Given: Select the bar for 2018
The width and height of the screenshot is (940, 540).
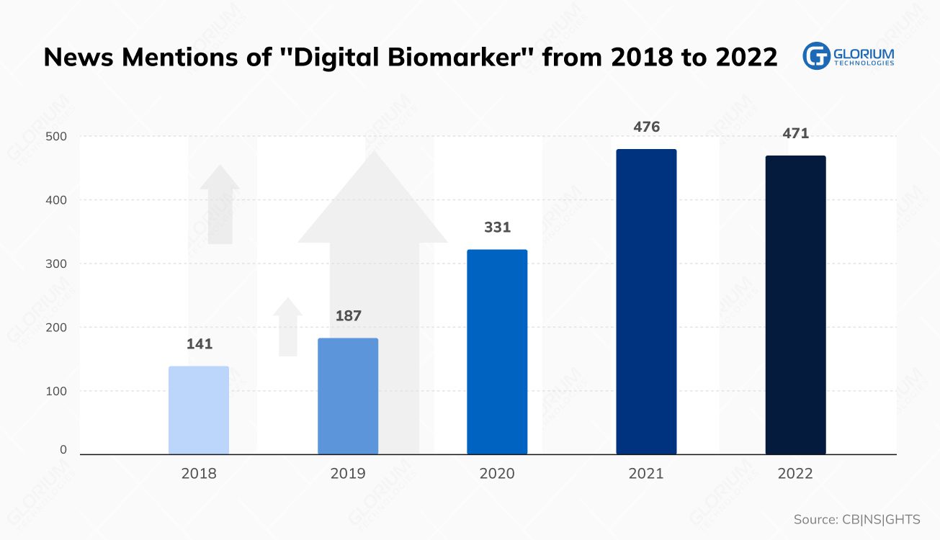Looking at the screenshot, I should [x=199, y=410].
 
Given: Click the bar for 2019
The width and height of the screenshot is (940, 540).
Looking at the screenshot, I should [x=348, y=396].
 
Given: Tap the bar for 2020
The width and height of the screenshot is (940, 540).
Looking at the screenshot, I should [x=497, y=352].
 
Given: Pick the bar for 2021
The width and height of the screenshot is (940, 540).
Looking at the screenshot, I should [x=646, y=302].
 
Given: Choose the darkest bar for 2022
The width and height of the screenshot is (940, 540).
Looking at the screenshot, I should [x=795, y=305].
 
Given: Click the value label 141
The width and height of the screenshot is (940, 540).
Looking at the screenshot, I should [x=200, y=344].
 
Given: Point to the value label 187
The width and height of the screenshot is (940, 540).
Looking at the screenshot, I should [x=349, y=316].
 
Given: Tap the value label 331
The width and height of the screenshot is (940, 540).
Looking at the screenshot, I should [x=497, y=228].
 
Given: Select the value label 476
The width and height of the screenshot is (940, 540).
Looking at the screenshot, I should [x=646, y=127].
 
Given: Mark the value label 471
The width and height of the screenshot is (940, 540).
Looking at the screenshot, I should [x=796, y=134].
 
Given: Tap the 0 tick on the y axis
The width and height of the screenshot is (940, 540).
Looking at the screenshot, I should [x=63, y=450].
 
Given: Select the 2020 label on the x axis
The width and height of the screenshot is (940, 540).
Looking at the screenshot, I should [x=497, y=474].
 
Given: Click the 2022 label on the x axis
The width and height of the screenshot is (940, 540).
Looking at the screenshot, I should [x=795, y=474].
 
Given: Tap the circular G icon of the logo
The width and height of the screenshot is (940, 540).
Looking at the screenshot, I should [x=817, y=56].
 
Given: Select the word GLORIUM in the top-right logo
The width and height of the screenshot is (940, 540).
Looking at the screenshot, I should [x=863, y=53].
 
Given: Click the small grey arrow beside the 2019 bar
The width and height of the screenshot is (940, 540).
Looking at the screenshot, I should [x=288, y=328].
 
